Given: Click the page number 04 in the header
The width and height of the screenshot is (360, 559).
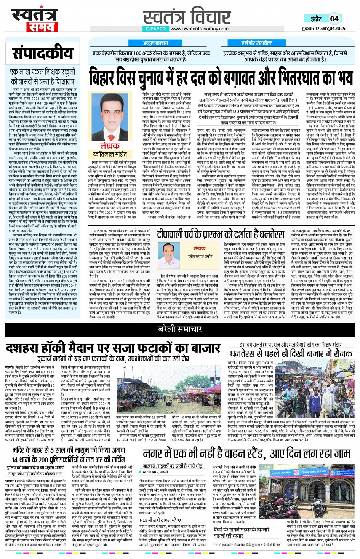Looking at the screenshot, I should point(334,18).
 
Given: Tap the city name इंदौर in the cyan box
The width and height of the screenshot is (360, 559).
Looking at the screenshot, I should point(316,18).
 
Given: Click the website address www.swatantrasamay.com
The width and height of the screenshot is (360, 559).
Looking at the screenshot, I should point(199,29).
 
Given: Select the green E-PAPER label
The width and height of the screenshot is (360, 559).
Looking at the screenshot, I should point(156,29).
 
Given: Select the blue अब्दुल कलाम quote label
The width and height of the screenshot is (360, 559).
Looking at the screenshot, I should point(155,43).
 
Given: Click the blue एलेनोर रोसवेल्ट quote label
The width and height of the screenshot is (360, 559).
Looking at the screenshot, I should point(257,43).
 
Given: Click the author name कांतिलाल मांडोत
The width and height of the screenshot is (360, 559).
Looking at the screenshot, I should point(110,154).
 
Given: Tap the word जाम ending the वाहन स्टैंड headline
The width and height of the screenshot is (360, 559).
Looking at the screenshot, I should point(340,453).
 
